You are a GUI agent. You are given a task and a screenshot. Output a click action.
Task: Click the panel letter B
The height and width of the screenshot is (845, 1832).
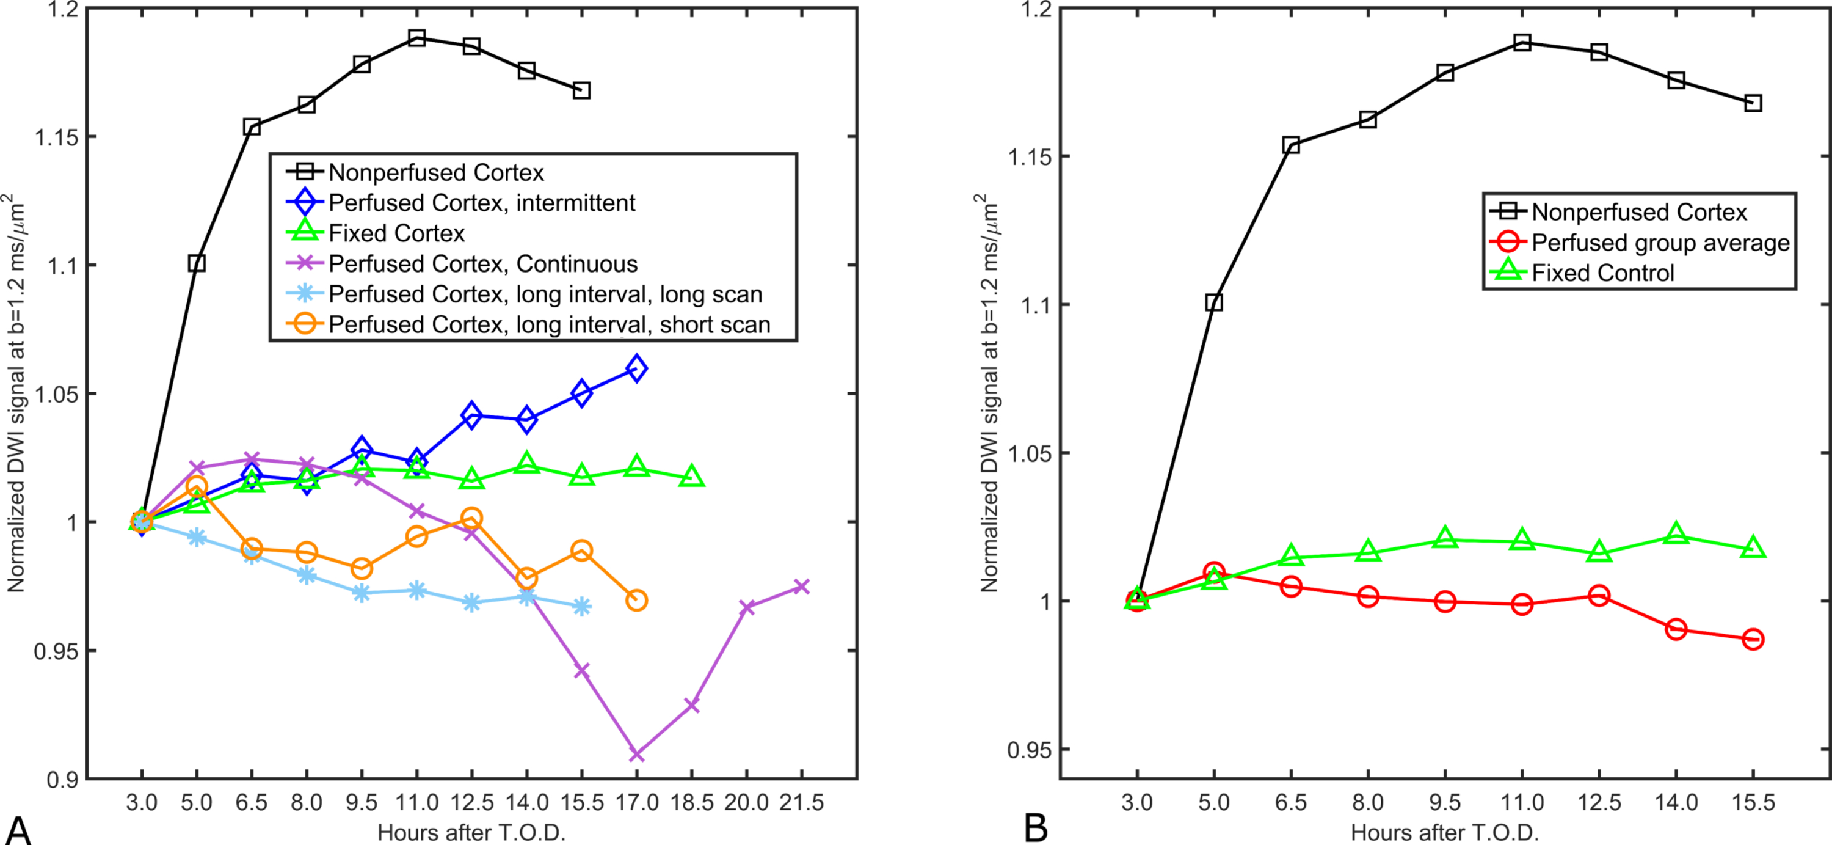point(1036,828)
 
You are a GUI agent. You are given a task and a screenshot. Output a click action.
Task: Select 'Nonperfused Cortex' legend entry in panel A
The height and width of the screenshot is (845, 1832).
point(435,172)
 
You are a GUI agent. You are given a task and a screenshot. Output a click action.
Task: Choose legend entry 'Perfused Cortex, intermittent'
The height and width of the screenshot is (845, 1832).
point(481,203)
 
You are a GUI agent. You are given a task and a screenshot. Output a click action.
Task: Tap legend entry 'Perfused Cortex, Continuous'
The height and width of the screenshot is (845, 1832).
point(482,264)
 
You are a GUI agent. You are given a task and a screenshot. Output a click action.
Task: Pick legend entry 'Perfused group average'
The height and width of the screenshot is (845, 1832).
point(1660,243)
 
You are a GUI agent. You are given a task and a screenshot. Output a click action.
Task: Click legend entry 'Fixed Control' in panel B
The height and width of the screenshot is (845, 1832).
point(1602,273)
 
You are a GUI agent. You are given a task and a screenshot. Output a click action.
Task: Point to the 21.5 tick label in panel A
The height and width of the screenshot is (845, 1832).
point(801,803)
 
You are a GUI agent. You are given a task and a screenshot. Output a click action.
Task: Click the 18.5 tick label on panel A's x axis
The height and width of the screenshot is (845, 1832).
point(691,803)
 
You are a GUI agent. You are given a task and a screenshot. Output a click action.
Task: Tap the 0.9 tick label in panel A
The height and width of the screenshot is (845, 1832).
point(61,780)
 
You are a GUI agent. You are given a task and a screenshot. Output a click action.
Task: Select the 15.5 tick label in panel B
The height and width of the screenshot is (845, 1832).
point(1753,803)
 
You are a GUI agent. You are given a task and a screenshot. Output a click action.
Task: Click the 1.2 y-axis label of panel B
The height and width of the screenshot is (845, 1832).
point(1034,9)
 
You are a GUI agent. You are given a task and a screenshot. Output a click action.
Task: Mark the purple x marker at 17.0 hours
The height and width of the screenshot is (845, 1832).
point(636,754)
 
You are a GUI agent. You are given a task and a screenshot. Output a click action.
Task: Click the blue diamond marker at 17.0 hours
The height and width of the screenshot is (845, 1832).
point(636,368)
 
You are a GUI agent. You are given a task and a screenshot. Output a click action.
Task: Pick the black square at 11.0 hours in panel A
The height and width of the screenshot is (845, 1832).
point(416,38)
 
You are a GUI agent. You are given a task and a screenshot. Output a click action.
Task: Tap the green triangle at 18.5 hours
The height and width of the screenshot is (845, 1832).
point(691,477)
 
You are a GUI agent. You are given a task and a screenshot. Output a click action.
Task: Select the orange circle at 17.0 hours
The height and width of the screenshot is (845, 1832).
point(636,601)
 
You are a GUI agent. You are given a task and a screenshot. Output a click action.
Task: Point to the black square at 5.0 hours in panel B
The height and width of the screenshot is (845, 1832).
point(1214,302)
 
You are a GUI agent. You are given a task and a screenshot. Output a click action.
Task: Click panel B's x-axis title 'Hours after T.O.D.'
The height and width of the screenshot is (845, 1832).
point(1444,832)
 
